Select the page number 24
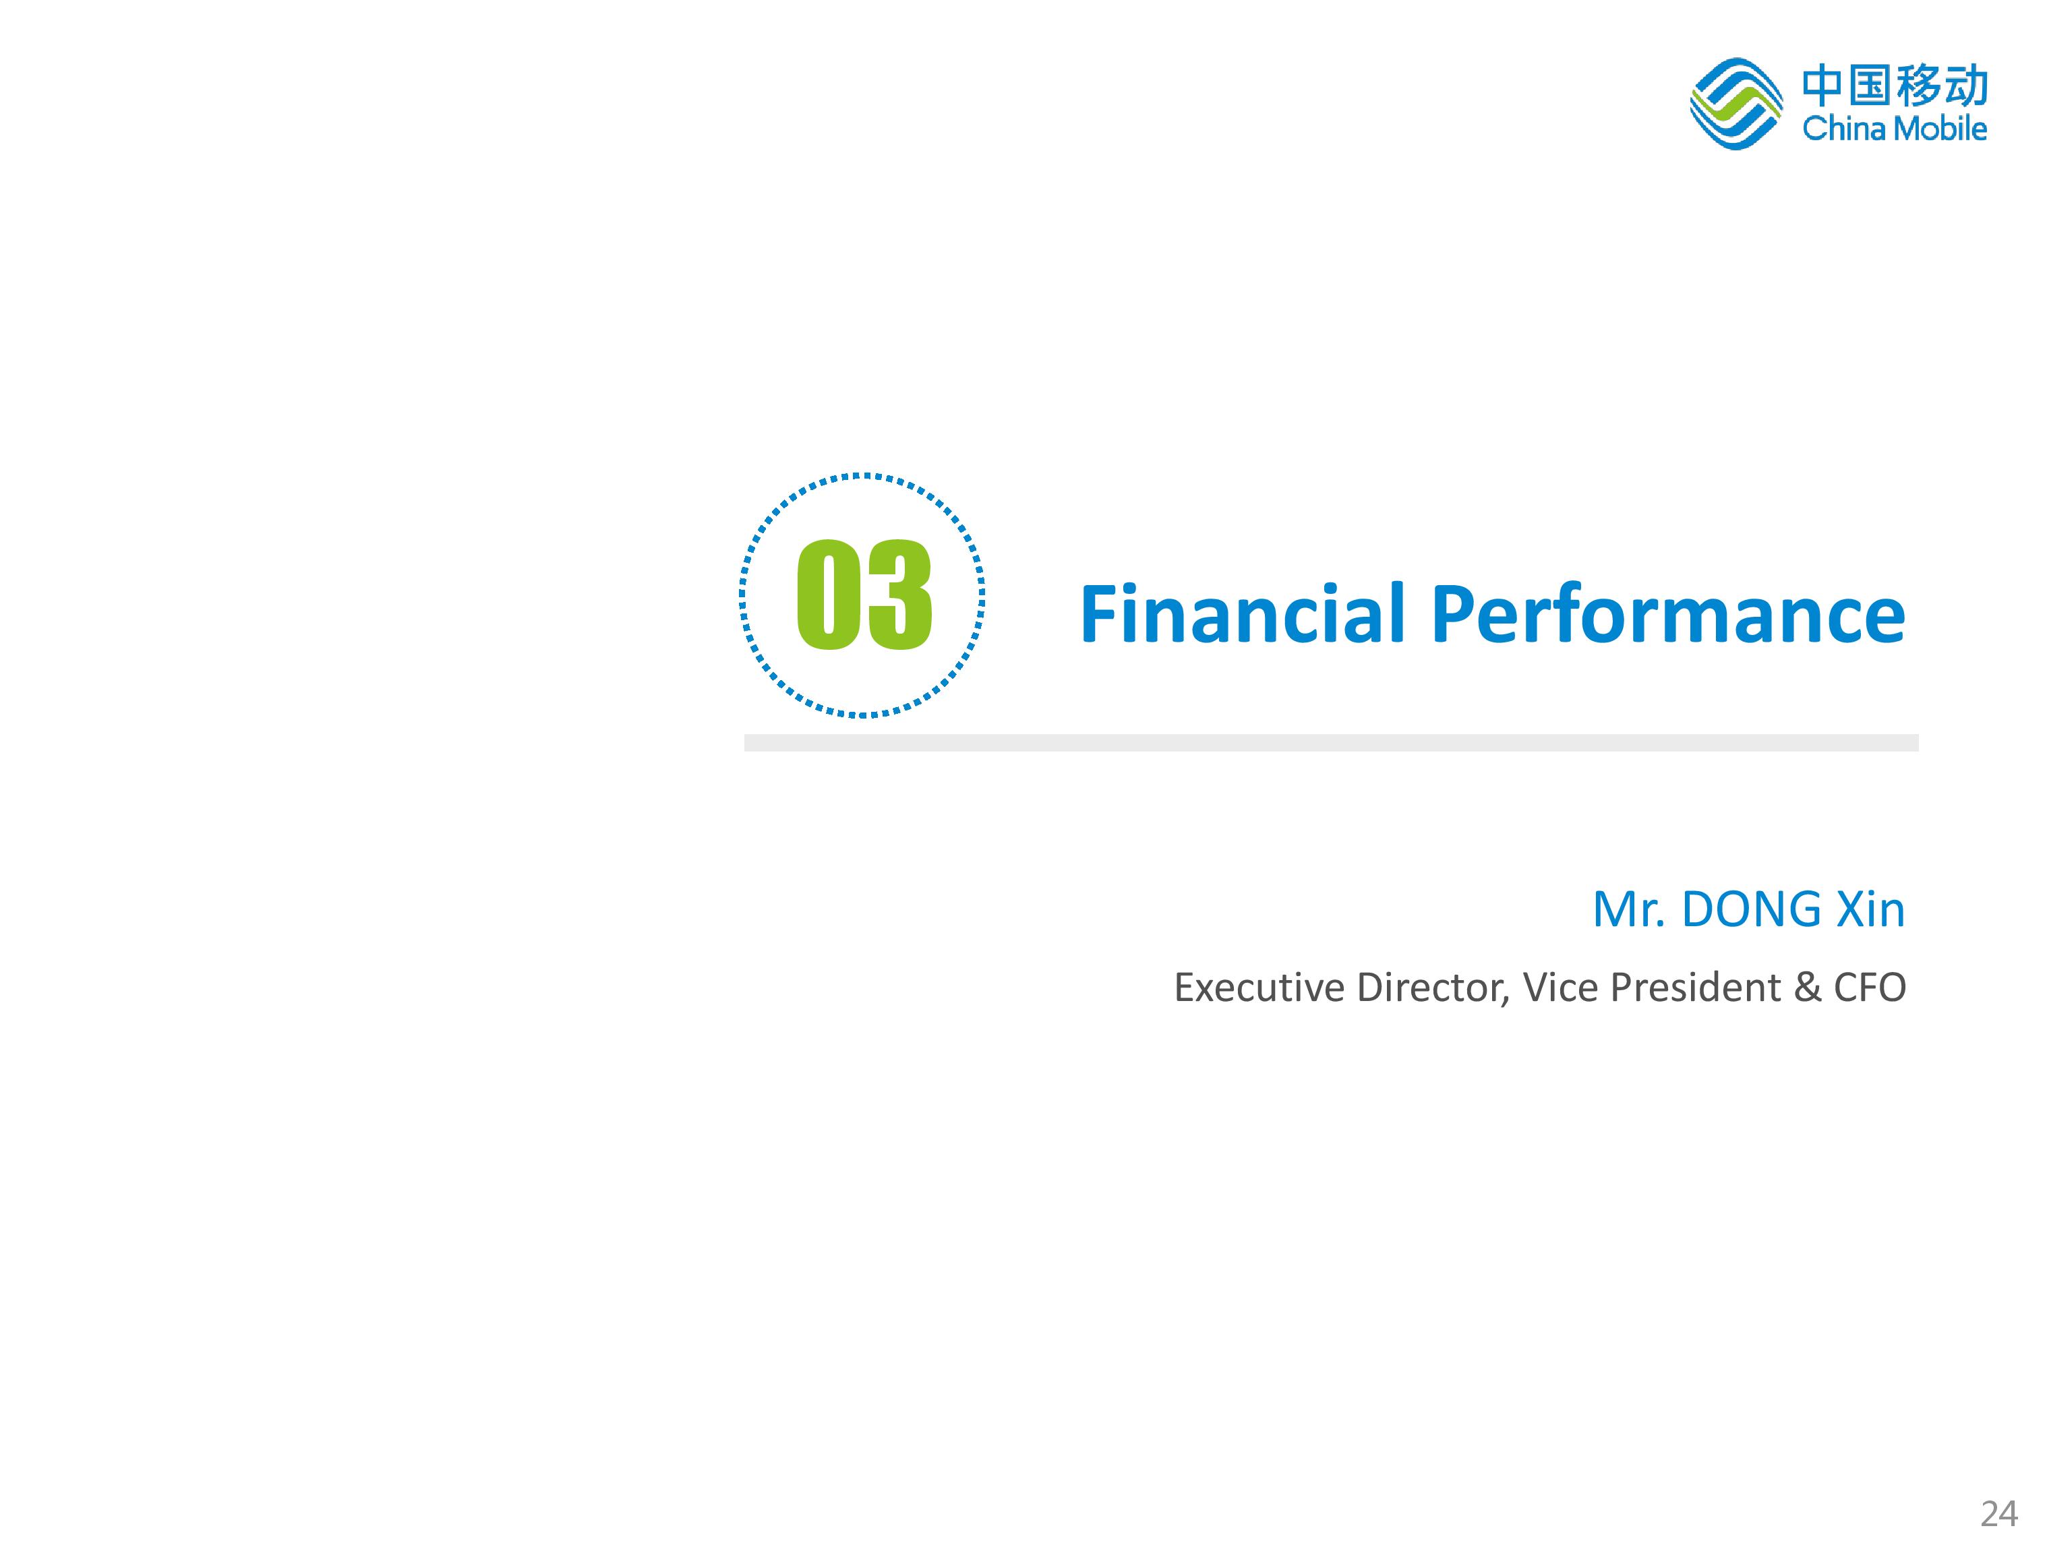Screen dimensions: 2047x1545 [1999, 1513]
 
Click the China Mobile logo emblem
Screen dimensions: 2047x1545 [1736, 104]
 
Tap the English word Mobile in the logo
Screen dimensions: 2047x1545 [1938, 127]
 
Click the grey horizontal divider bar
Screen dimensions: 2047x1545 [1331, 743]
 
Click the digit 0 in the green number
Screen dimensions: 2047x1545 [828, 594]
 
